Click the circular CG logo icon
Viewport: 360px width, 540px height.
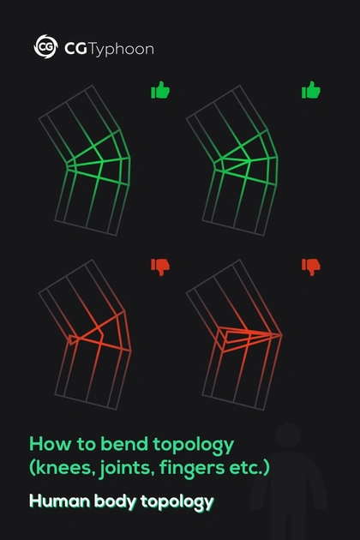[x=45, y=46]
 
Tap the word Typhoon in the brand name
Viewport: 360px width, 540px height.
[x=122, y=50]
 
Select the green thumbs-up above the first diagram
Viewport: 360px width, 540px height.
[x=160, y=90]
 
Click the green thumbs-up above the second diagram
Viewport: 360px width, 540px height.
[x=311, y=90]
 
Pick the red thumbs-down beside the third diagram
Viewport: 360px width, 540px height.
[x=160, y=267]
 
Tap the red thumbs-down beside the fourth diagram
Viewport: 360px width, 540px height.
[x=311, y=267]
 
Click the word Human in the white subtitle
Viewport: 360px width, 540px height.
[x=60, y=501]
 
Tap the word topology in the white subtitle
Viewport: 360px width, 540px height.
[x=177, y=502]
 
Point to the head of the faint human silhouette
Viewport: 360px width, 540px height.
[x=288, y=435]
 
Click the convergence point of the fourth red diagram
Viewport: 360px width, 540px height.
[x=281, y=334]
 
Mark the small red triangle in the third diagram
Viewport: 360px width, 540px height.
[x=72, y=339]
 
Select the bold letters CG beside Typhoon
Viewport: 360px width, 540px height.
[x=75, y=49]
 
